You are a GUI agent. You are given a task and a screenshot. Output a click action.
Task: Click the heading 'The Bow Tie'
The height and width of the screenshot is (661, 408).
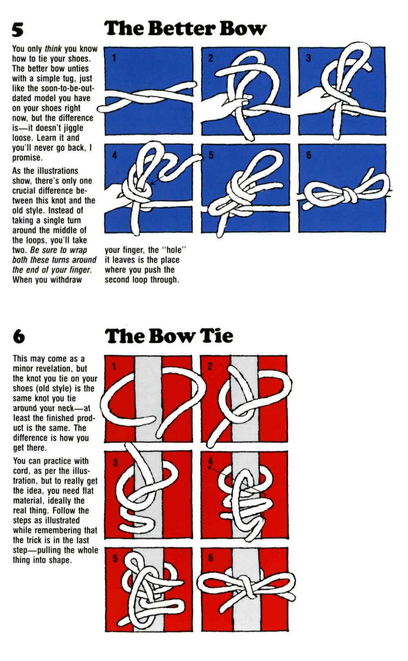pyautogui.click(x=169, y=336)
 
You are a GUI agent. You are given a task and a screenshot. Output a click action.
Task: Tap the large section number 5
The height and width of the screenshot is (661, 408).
pyautogui.click(x=18, y=30)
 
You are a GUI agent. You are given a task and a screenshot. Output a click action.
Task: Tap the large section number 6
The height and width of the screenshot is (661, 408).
pyautogui.click(x=19, y=336)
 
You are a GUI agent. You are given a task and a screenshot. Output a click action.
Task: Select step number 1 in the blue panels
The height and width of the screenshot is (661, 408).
pyautogui.click(x=114, y=58)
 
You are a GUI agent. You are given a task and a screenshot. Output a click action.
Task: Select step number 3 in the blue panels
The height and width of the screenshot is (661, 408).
pyautogui.click(x=308, y=58)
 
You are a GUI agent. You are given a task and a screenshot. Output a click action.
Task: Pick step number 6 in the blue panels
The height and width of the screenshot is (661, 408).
pyautogui.click(x=308, y=155)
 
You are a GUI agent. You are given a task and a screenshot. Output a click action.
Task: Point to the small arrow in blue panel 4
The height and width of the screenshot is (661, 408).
pyautogui.click(x=154, y=181)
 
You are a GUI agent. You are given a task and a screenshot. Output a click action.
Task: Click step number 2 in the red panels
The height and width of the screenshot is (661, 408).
pyautogui.click(x=210, y=367)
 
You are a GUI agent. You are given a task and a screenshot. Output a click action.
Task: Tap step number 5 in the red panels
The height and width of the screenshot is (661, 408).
pyautogui.click(x=115, y=558)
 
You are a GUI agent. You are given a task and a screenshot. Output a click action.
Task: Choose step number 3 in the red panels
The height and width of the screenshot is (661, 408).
pyautogui.click(x=115, y=463)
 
